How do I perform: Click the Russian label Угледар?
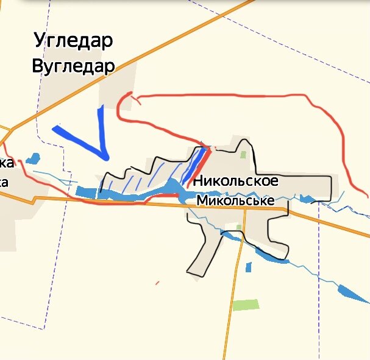pos(74,41)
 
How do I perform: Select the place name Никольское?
pos(235,181)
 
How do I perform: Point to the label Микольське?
pos(235,200)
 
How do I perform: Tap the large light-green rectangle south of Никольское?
pos(245,305)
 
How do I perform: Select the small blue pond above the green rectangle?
pos(249,267)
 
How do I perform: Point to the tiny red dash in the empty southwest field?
pos(157,283)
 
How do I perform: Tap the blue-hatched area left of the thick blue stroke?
pos(155,174)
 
